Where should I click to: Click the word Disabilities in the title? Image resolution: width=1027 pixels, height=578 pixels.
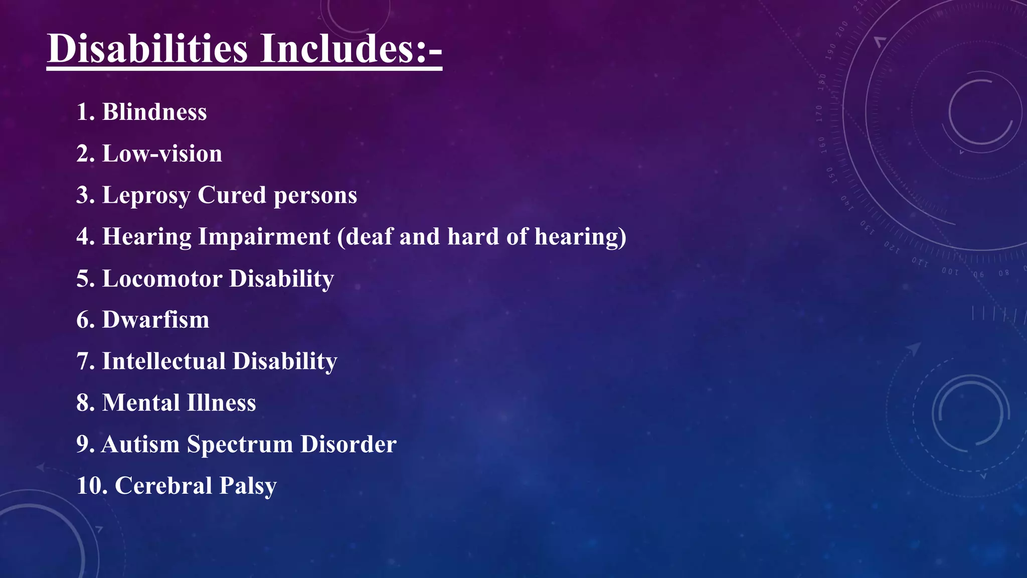pos(147,49)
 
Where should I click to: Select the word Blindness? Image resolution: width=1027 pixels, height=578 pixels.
pos(154,112)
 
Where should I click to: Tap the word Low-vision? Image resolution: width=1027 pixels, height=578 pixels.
pos(162,154)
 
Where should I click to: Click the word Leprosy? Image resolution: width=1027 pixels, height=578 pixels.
pos(146,196)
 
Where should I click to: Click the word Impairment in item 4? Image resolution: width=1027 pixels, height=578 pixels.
pos(264,237)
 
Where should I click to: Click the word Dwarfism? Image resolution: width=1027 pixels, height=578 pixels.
pos(155,320)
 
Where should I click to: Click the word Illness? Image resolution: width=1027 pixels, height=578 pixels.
pos(221,403)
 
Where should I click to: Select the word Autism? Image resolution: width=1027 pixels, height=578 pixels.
pos(140,445)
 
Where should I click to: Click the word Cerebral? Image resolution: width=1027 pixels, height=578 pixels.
pos(163,486)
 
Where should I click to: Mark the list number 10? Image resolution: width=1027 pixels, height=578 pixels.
pos(91,486)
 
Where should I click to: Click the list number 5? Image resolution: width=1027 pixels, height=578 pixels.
pos(85,278)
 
